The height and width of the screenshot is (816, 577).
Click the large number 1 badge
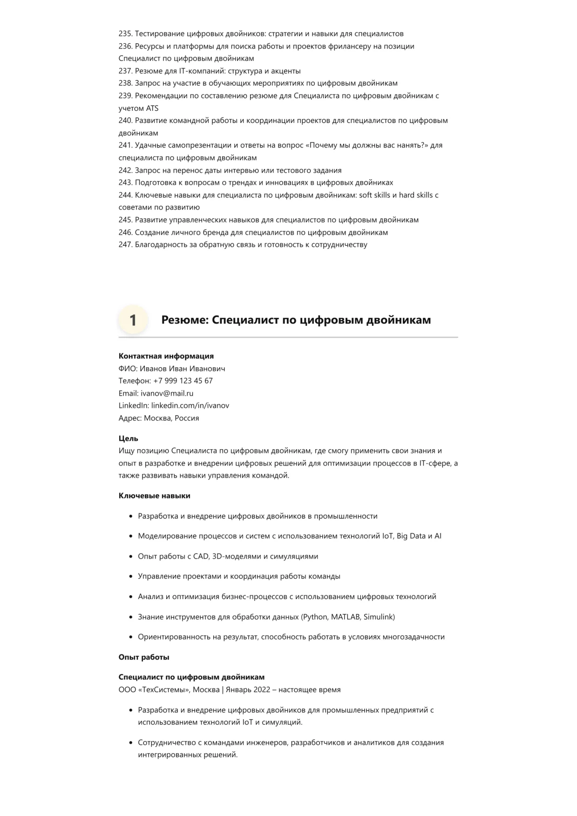(x=133, y=320)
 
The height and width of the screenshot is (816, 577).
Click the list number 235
(x=125, y=34)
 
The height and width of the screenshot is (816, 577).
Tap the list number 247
(x=125, y=244)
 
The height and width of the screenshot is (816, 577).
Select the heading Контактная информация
(x=166, y=356)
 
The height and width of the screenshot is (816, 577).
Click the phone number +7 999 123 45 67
(x=183, y=381)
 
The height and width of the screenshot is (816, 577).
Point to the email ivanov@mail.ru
(x=167, y=393)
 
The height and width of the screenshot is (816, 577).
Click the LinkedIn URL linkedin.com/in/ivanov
(x=190, y=405)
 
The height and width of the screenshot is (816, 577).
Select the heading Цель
(x=128, y=438)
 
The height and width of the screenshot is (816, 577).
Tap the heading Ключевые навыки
(x=154, y=496)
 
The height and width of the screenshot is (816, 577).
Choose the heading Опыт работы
(x=143, y=657)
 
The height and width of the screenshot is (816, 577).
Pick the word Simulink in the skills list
(x=379, y=617)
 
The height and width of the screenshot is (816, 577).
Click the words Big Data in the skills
(x=411, y=536)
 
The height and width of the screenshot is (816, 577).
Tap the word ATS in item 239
(x=152, y=108)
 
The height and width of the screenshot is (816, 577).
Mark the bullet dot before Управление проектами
(x=131, y=577)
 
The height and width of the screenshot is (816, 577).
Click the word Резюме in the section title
(x=184, y=320)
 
